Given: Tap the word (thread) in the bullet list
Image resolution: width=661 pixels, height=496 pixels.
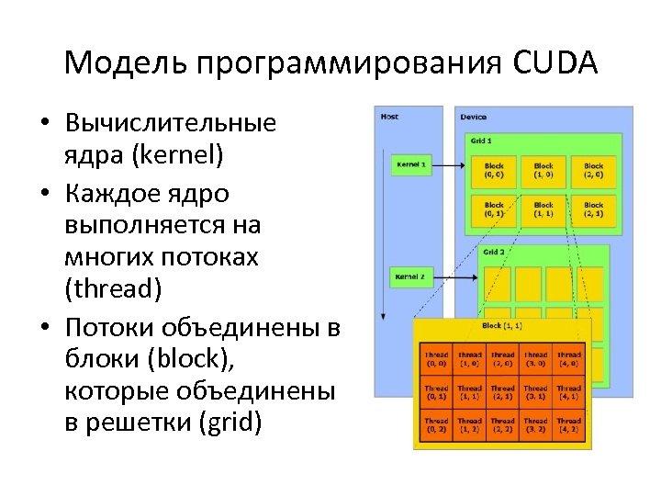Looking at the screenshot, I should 113,289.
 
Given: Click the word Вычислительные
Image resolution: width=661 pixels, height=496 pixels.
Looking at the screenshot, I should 171,123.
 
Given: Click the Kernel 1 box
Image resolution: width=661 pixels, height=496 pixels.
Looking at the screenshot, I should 409,165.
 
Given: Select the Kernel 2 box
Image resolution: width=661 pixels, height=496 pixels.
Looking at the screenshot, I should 409,276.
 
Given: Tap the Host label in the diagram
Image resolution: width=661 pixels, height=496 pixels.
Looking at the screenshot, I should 389,117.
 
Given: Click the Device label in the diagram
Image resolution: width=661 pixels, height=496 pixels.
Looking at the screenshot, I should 474,117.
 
